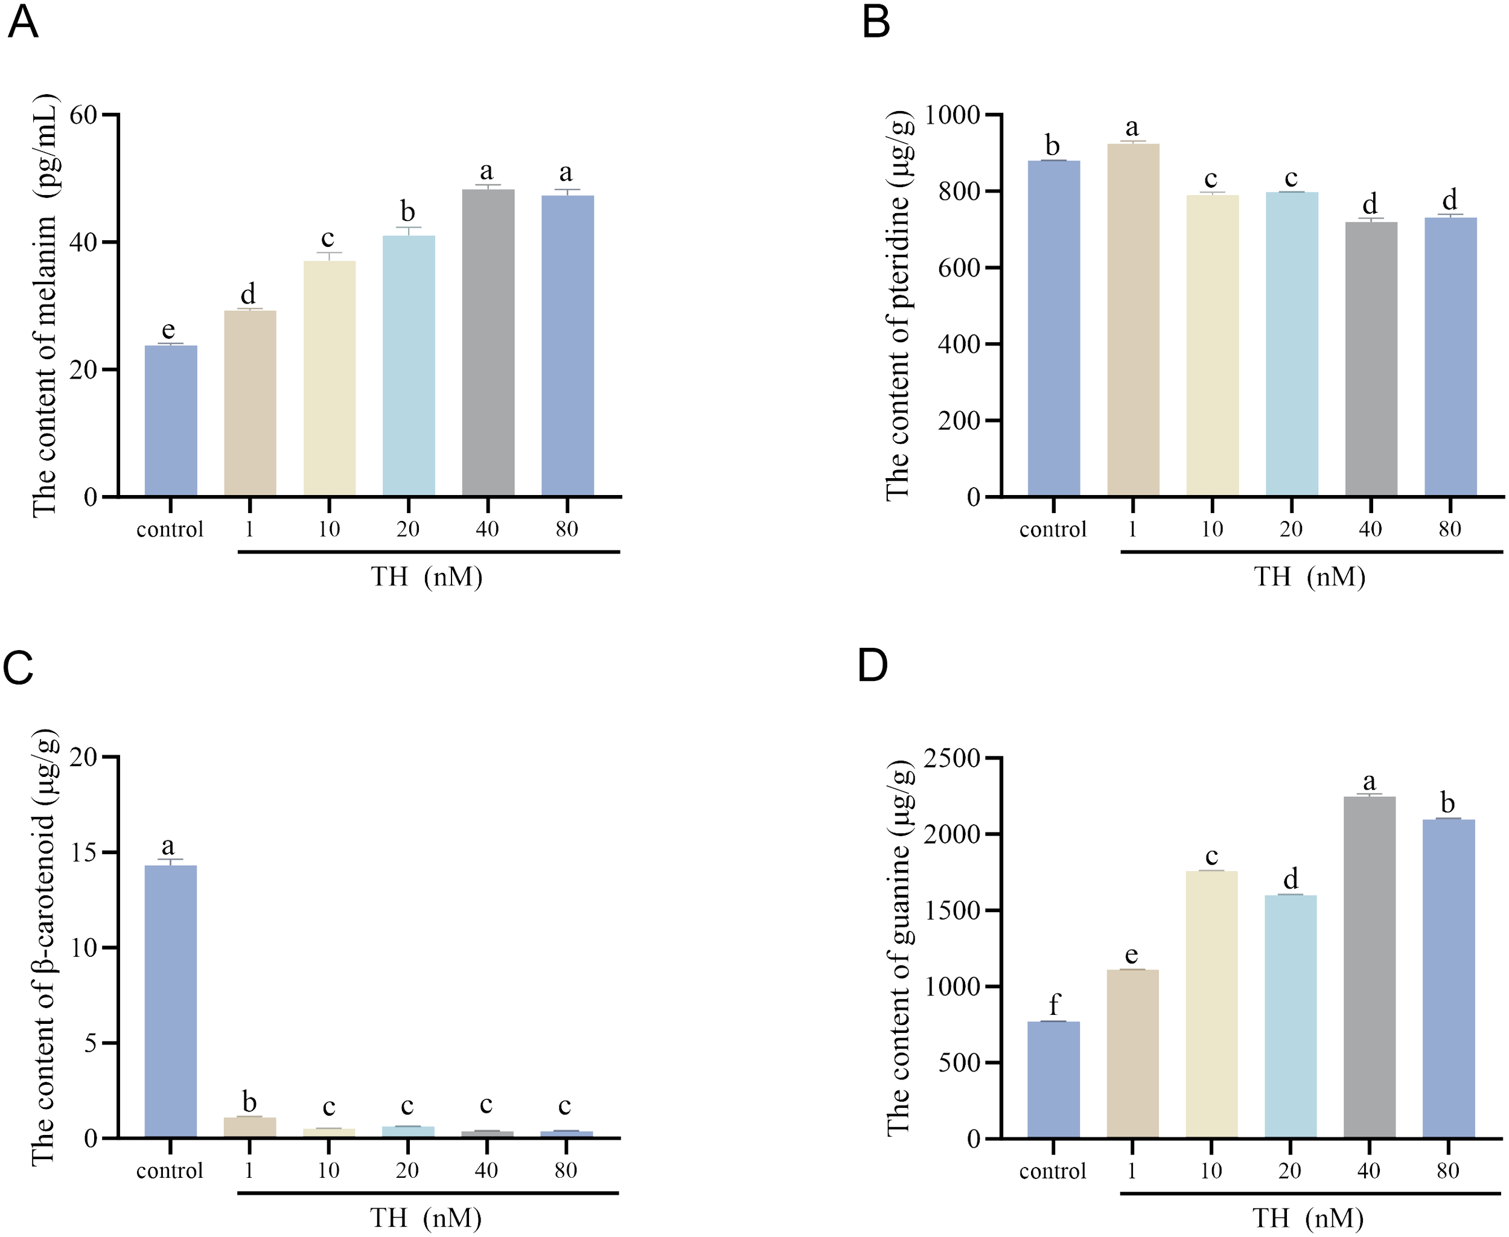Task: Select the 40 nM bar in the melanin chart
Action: coord(488,342)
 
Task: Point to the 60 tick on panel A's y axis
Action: coord(83,115)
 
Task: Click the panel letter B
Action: coord(876,23)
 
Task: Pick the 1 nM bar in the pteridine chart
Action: coord(1133,321)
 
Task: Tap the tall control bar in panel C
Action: coord(171,1001)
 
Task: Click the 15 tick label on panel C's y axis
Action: coord(83,853)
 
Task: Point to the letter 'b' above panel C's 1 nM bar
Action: coord(249,1102)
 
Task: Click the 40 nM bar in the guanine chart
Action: coord(1370,967)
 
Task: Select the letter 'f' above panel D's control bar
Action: coord(1054,1005)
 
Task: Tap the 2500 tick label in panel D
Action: coord(952,758)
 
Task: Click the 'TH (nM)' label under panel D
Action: coord(1308,1218)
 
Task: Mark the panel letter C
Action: coord(19,668)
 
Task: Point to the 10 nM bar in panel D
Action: coord(1211,1005)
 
